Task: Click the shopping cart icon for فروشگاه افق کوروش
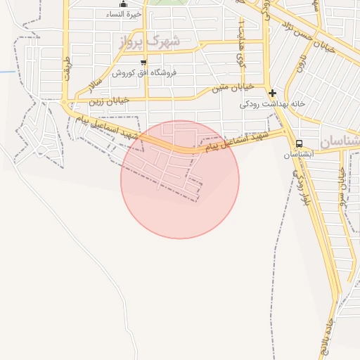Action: [143, 63]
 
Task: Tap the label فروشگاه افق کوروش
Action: [143, 72]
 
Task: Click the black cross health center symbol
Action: [272, 92]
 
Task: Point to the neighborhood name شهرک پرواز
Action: [149, 41]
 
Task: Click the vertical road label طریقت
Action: [67, 67]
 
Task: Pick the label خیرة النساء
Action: [125, 15]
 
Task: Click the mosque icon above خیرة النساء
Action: [124, 4]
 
